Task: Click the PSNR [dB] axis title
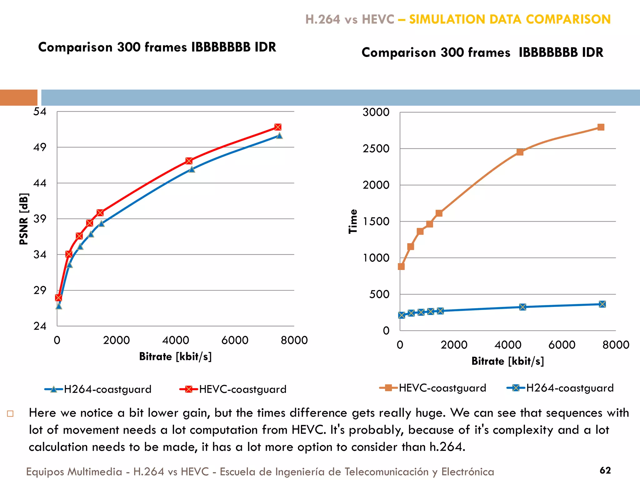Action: (x=24, y=219)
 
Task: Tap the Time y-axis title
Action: (x=353, y=221)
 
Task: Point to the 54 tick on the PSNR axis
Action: (x=40, y=112)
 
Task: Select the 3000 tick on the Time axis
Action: (x=376, y=112)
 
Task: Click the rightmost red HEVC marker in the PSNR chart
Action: (x=278, y=127)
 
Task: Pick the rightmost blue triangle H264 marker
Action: (x=279, y=136)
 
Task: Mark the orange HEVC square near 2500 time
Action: (x=520, y=152)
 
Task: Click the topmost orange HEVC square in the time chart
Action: (x=601, y=127)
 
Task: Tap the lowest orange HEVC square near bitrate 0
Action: (x=401, y=267)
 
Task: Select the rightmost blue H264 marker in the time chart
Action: (x=602, y=304)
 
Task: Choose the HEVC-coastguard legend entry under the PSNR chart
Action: (x=233, y=389)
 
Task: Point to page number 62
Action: (x=605, y=470)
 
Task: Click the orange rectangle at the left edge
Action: (x=18, y=97)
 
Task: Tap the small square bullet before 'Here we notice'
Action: (x=10, y=414)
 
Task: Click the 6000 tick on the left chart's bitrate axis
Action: (x=235, y=340)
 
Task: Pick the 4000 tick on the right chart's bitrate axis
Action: (x=508, y=345)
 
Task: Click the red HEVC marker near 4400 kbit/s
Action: (x=189, y=161)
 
